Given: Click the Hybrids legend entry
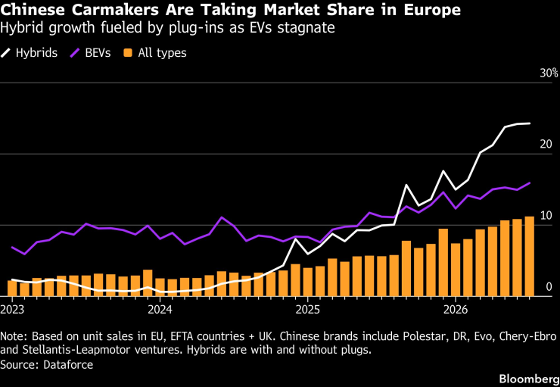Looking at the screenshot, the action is (x=29, y=53).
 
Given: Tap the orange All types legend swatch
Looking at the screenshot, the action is (x=128, y=53).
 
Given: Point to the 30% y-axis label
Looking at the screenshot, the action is (x=549, y=73).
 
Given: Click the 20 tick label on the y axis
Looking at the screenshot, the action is (x=546, y=145).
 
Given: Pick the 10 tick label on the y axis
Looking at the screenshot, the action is (x=546, y=216).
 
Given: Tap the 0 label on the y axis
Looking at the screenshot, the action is (x=549, y=287).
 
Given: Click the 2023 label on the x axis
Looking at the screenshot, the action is (x=13, y=310).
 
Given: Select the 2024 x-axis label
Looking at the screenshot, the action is (x=160, y=310).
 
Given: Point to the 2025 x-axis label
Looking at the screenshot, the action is (x=308, y=310).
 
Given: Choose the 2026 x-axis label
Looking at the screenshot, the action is (x=456, y=310).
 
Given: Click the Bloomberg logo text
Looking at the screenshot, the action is (x=529, y=379).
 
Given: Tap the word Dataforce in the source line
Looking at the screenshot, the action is (x=68, y=365).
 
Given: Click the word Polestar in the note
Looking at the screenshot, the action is (x=381, y=336).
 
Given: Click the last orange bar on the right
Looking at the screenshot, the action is (x=529, y=256).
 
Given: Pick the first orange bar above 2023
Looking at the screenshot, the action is (x=12, y=289).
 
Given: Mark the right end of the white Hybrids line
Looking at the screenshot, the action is (x=530, y=123).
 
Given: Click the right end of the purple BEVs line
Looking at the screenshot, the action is (x=530, y=183).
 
